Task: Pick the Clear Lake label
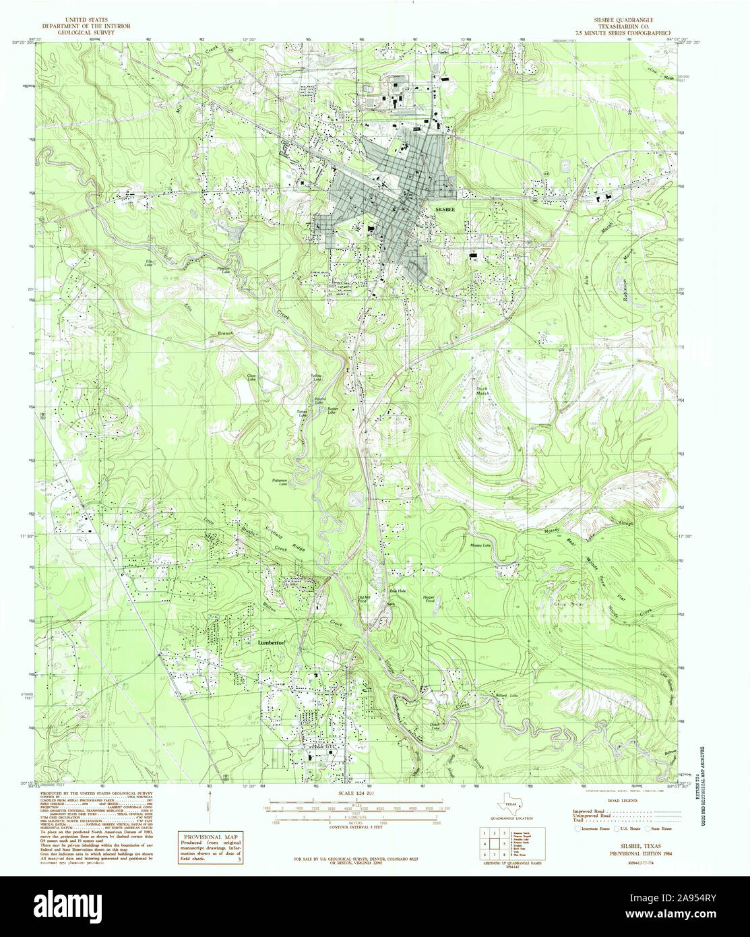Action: click(253, 378)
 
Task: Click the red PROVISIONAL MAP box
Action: click(212, 847)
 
